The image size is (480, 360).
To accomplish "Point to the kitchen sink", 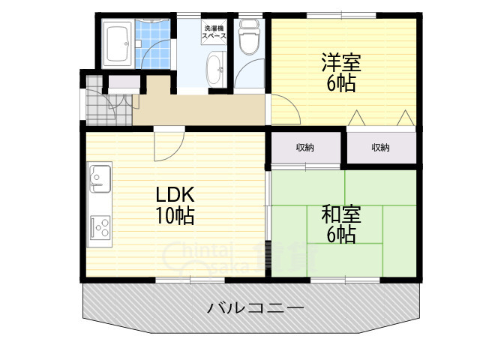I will (98, 178).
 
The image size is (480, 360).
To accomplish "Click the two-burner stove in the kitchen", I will (99, 226).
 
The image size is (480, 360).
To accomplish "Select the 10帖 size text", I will (175, 217).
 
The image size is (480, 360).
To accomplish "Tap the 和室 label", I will (341, 214).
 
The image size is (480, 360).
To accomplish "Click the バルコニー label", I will (255, 308).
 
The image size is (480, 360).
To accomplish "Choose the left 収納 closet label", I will (304, 147).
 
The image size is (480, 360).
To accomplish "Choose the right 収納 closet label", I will (380, 147).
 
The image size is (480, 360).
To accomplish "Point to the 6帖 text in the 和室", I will (341, 235).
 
